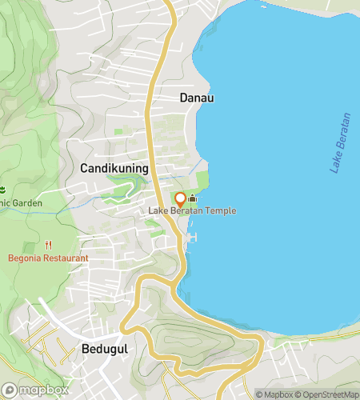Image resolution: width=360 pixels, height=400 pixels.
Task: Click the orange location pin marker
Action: pyautogui.click(x=180, y=199)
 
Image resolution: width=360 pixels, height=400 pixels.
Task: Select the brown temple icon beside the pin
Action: pyautogui.click(x=192, y=199)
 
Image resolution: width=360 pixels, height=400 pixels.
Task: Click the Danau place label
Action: pyautogui.click(x=197, y=98)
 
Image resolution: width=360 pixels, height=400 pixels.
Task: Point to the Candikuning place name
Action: pyautogui.click(x=114, y=169)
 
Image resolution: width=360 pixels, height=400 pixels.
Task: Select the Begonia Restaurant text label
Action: pyautogui.click(x=48, y=258)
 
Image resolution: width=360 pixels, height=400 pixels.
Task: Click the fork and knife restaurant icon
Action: pyautogui.click(x=49, y=245)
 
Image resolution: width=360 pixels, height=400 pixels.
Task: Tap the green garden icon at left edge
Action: pyautogui.click(x=2, y=190)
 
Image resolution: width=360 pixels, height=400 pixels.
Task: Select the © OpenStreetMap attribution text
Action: pyautogui.click(x=328, y=394)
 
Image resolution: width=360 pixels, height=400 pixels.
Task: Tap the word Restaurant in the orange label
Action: pyautogui.click(x=66, y=258)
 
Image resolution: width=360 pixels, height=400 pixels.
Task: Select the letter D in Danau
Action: pyautogui.click(x=184, y=98)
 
